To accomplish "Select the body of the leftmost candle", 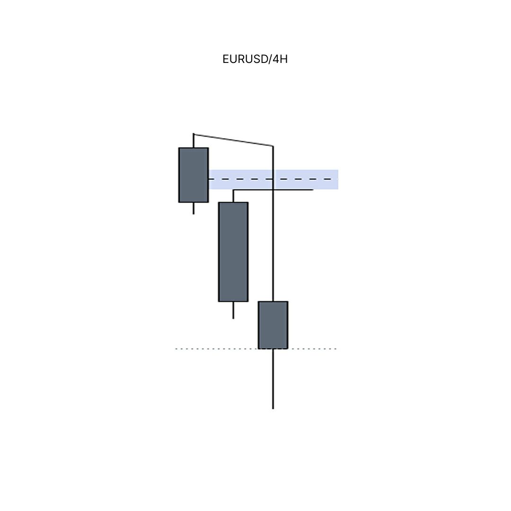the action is (194, 175).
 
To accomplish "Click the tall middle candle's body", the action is (233, 252).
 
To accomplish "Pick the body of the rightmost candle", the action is (273, 325).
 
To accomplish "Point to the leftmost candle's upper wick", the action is (194, 141).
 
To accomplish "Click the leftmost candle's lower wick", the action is (194, 208).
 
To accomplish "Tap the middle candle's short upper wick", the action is (233, 196).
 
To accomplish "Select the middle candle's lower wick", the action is (233, 310).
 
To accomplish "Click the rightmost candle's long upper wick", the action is (273, 223).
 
